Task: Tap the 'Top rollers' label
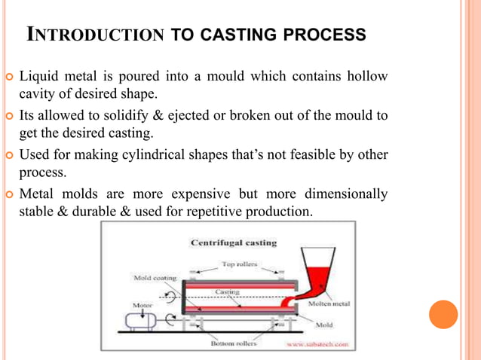[x=238, y=264]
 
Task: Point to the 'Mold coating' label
[x=155, y=278]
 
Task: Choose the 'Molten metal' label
[x=329, y=304]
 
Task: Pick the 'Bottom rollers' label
[x=234, y=343]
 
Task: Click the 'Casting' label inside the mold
[x=228, y=291]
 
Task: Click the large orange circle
[x=443, y=314]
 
